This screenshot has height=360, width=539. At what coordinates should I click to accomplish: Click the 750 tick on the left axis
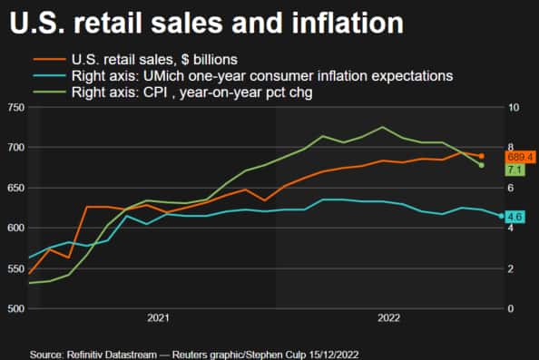[x=14, y=108]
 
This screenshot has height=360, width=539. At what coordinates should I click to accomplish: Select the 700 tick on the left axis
[x=14, y=148]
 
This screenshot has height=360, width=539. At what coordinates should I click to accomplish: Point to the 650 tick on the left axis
[x=14, y=188]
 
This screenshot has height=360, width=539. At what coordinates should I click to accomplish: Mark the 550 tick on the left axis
[x=14, y=268]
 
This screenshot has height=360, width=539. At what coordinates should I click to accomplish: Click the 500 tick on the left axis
[x=14, y=309]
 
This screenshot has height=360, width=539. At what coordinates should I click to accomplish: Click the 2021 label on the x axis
[x=158, y=318]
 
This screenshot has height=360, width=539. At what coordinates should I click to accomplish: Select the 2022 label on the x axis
[x=388, y=318]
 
